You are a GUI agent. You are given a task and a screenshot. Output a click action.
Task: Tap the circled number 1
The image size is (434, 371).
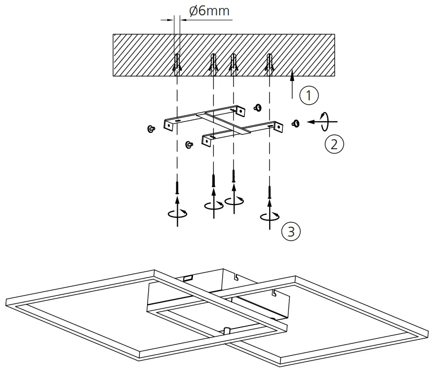coord(309,95)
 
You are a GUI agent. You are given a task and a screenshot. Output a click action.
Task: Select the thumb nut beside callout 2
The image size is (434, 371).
coord(296,123)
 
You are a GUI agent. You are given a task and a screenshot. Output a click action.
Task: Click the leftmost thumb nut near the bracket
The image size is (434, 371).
coord(150,129)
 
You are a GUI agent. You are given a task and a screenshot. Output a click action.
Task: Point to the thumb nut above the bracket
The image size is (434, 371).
coord(257,107)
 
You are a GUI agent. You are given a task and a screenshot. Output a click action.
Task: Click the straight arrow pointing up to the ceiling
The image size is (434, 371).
coord(292,84)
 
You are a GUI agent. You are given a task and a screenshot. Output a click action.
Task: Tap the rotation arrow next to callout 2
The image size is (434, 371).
coord(324,121)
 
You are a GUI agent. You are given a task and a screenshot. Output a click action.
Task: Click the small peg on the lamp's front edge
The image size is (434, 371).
coord(227,330)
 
